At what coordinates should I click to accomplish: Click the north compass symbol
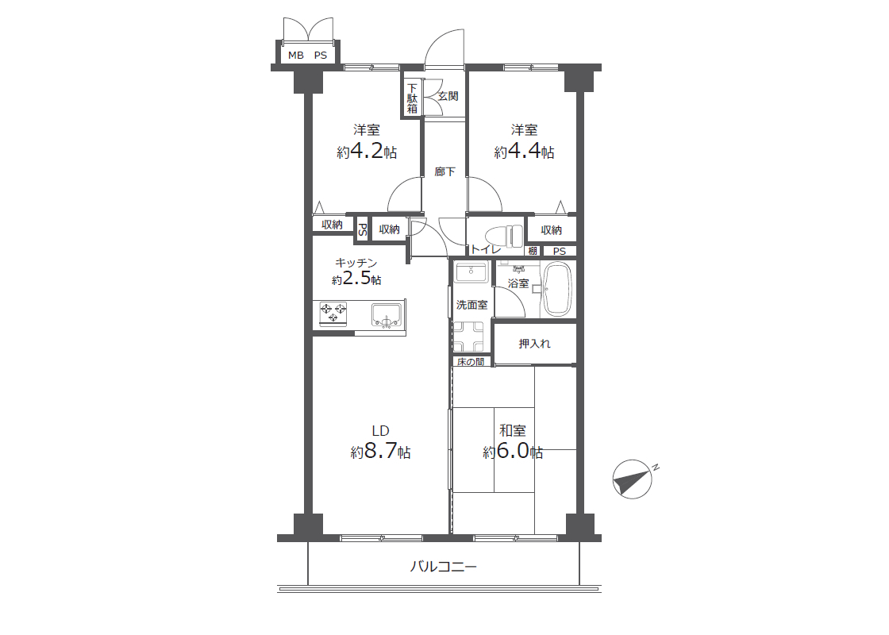pos(632,479)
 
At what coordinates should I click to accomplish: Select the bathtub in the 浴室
pos(558,289)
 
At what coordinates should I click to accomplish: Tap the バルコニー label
pos(444,567)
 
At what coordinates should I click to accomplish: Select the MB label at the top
pos(296,55)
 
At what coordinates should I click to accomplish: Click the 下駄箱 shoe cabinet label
pos(412,98)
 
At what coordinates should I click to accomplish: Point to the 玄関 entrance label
pos(448,96)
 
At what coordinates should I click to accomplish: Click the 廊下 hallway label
pos(444,171)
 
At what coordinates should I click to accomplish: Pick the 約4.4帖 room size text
pos(524,152)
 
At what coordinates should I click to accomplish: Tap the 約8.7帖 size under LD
pos(380,452)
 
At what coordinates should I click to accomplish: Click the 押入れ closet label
pos(535,344)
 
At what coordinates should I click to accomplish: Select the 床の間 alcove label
pos(471,362)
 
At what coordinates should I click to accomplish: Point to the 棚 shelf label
pos(533,251)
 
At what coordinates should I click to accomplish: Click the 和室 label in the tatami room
pos(513,430)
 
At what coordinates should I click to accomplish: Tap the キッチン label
pos(356,263)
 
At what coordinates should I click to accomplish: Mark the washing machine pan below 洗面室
pos(469,337)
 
